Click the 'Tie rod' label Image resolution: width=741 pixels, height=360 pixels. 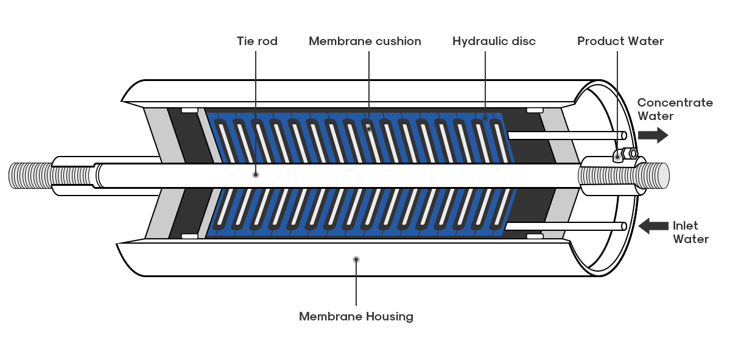coord(257,41)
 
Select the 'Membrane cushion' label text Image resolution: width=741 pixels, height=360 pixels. coord(365,41)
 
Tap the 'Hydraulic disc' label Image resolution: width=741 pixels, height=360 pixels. coord(494,41)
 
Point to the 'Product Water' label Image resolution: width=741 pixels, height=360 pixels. coord(620,41)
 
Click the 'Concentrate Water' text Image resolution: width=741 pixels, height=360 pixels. coord(675,109)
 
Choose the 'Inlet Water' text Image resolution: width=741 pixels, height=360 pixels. coord(690,232)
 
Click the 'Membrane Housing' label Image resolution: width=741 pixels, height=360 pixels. coord(356,317)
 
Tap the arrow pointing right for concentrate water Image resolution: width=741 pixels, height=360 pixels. coord(653,135)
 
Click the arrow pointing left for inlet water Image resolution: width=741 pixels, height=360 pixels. coord(653,226)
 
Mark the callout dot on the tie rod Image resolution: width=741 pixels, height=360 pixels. coord(255,175)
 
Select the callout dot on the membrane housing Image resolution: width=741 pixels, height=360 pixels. coord(356,259)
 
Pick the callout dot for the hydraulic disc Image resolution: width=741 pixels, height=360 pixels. coord(485,118)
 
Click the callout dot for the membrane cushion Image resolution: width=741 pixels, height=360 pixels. coord(369,129)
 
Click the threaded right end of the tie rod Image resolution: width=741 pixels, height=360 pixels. coord(624,175)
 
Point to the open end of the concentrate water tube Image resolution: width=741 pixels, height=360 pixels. coord(624,135)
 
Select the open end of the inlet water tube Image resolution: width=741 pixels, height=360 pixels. coord(624,227)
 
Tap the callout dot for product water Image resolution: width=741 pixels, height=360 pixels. coord(617,158)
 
